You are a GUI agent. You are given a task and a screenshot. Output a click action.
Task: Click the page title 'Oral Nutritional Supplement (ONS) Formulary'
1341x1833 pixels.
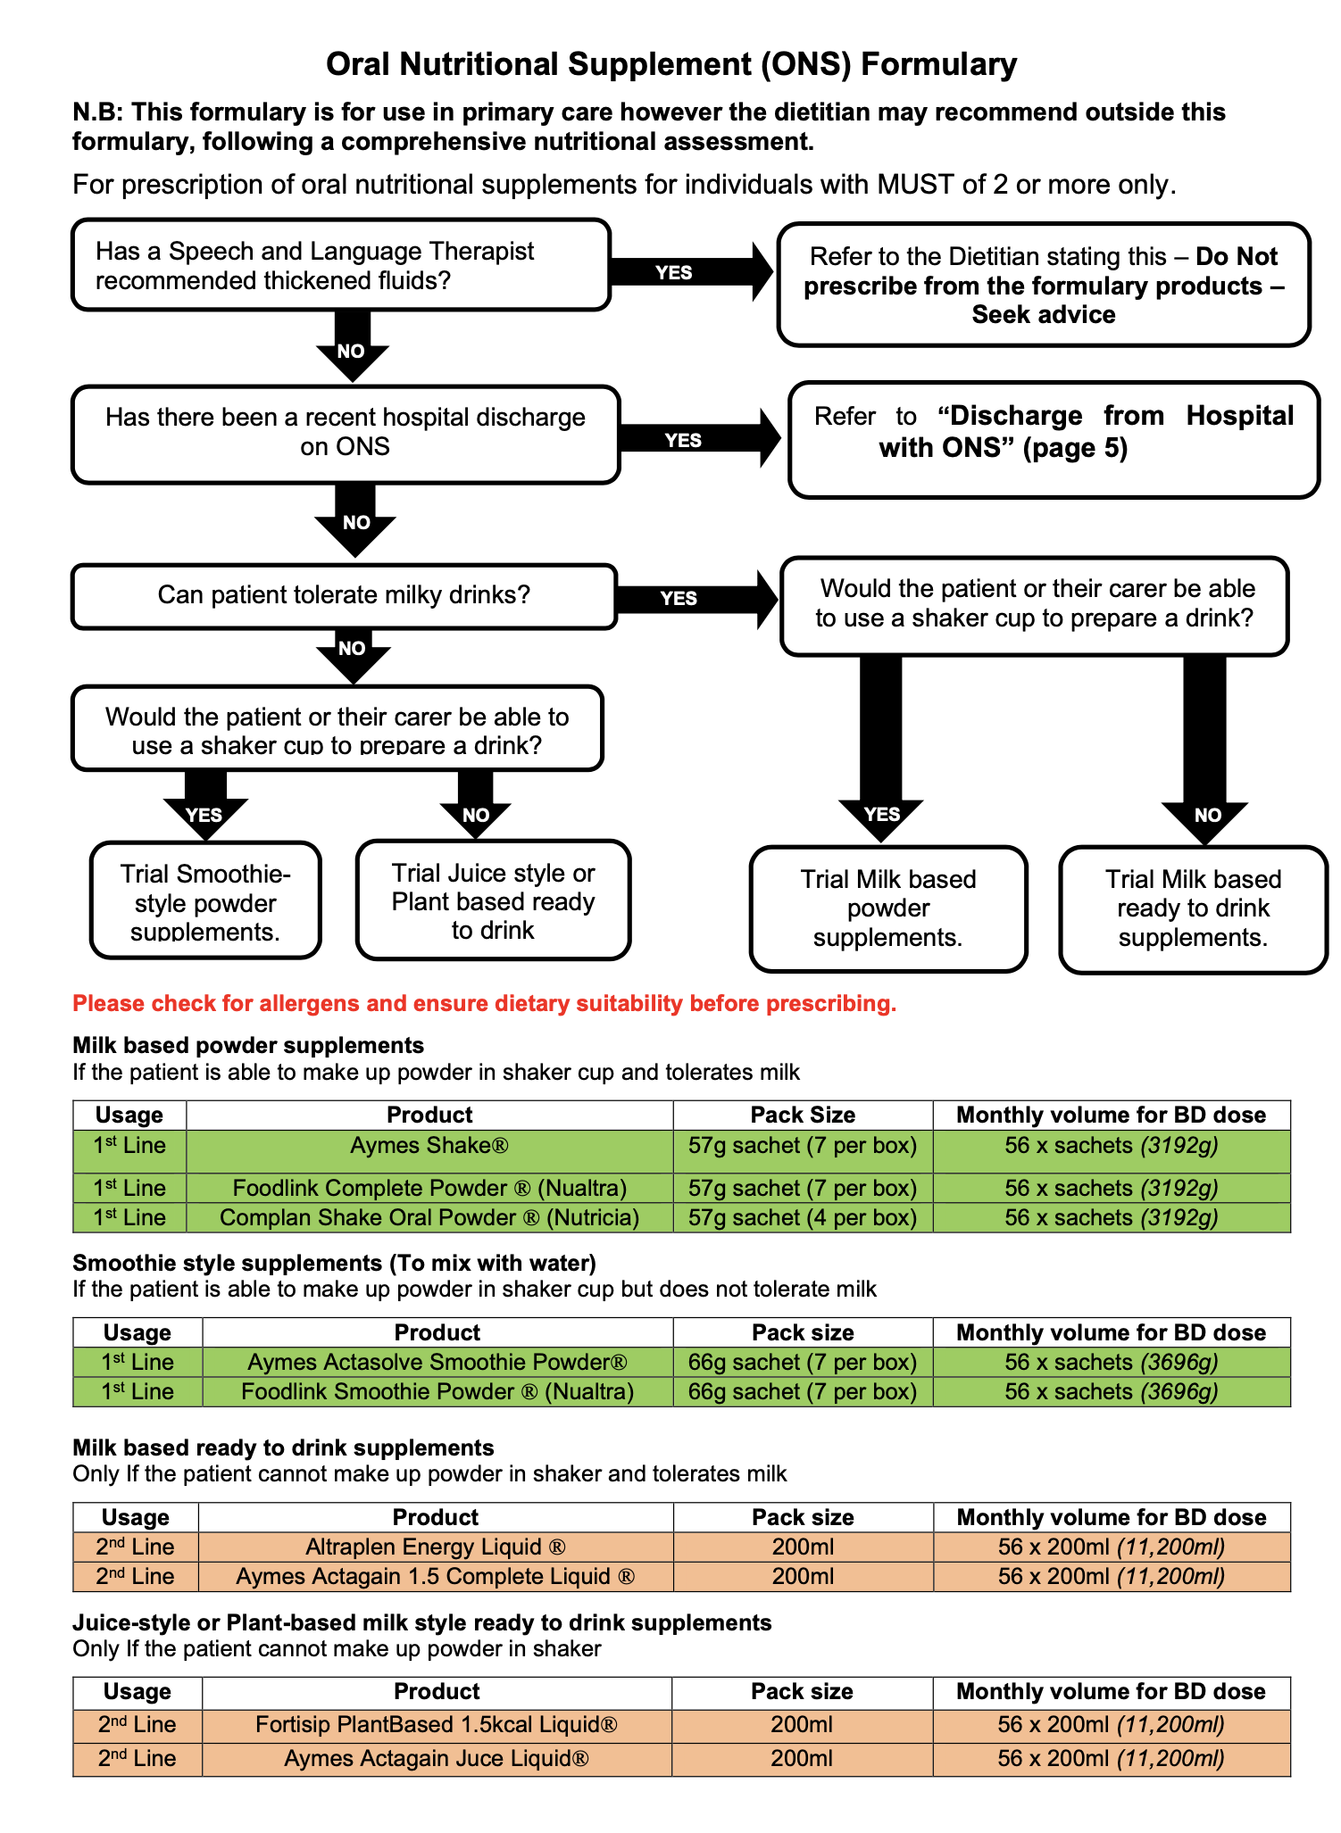tap(670, 64)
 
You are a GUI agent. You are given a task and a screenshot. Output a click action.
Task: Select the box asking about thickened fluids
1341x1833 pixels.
tap(340, 265)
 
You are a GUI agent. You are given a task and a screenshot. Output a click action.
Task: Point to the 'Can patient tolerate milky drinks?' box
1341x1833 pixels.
tap(344, 595)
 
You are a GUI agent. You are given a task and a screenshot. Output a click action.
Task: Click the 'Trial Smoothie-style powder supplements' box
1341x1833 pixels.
tap(205, 901)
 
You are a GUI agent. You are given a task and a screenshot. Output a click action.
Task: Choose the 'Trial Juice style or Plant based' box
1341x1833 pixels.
tap(493, 900)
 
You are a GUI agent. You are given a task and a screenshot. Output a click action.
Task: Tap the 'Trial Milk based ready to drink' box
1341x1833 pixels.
tap(1193, 908)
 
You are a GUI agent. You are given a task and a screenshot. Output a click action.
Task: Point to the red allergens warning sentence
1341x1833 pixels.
tap(484, 1003)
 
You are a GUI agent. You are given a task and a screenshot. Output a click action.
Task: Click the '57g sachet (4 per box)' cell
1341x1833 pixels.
tap(802, 1217)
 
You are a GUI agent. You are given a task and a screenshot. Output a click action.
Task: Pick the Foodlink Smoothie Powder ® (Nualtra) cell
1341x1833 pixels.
tap(437, 1391)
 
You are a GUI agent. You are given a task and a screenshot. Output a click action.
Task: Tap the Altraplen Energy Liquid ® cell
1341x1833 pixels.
tap(436, 1547)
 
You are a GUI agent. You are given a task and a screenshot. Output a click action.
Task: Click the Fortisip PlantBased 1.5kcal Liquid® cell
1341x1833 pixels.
tap(437, 1724)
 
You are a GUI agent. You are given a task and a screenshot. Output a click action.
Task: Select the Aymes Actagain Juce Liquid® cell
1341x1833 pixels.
tap(437, 1758)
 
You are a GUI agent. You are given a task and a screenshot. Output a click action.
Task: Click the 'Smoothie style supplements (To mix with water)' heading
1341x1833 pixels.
tap(334, 1263)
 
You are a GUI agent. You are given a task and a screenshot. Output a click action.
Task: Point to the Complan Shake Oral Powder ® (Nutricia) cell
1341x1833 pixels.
tap(429, 1217)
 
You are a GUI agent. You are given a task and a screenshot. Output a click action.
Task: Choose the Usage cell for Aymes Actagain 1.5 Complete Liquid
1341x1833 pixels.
tap(136, 1576)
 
